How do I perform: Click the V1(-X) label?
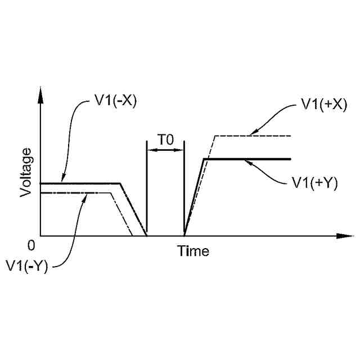point(116,103)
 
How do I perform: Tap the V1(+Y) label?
point(314,183)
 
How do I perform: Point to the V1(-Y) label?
point(26,265)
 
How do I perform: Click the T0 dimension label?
point(165,140)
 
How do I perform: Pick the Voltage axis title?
point(25,172)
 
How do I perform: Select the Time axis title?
point(193,251)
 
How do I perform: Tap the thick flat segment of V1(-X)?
point(84,183)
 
